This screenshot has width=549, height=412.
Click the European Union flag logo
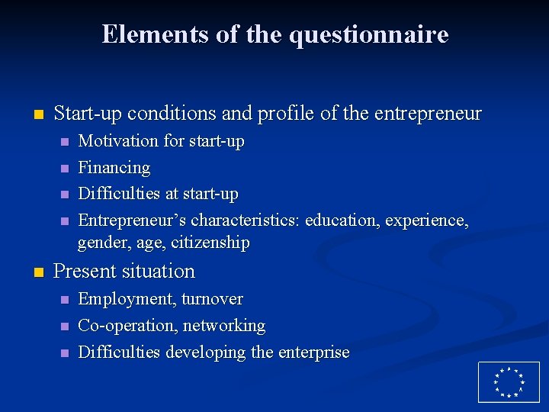pos(508,381)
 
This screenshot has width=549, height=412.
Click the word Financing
pos(114,168)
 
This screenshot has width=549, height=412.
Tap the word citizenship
pos(210,243)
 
